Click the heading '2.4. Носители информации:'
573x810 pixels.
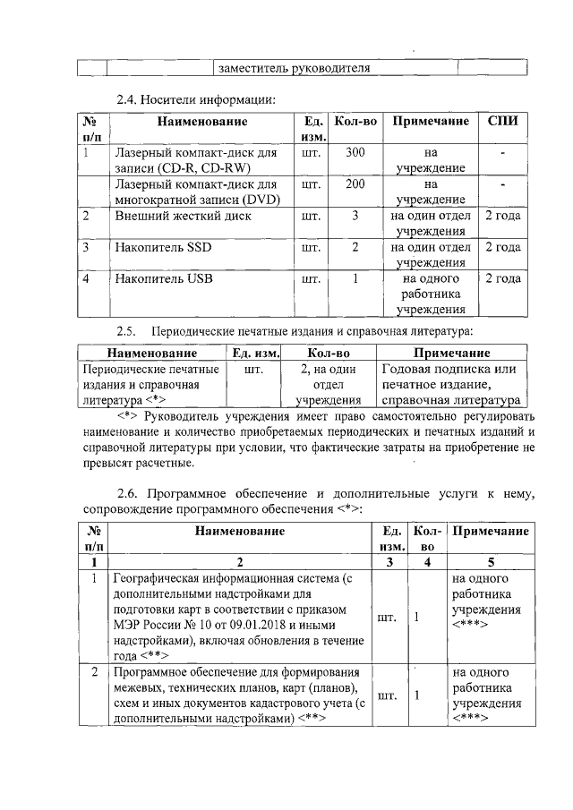click(x=196, y=98)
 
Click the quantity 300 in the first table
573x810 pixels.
click(x=355, y=152)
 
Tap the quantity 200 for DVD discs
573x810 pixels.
click(x=355, y=184)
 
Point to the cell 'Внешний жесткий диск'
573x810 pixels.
click(x=183, y=216)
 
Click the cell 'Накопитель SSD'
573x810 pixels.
click(x=163, y=248)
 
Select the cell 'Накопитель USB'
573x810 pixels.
click(x=164, y=279)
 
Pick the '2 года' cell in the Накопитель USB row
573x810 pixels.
click(x=502, y=279)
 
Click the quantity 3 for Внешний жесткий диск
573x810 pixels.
click(x=355, y=216)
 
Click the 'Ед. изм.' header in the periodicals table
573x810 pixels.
click(x=256, y=353)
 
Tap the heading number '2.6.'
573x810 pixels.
click(x=131, y=493)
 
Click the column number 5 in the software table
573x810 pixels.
click(x=490, y=561)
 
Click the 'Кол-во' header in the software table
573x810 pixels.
click(x=427, y=538)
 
